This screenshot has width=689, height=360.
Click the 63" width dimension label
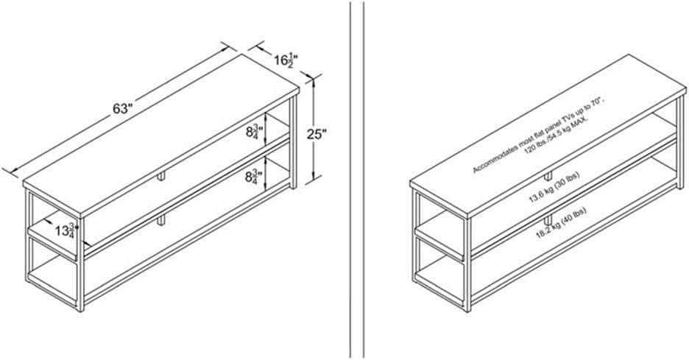[122, 109]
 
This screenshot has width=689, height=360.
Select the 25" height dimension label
[318, 133]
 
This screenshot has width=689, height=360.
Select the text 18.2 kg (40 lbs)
[561, 222]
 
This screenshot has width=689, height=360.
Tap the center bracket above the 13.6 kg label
[548, 176]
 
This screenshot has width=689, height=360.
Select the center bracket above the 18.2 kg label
[548, 220]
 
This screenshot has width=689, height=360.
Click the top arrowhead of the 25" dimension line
[314, 80]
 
